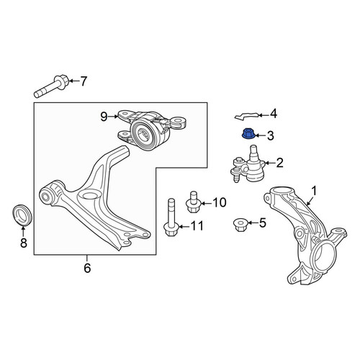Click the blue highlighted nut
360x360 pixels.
click(248, 134)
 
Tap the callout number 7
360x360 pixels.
click(83, 81)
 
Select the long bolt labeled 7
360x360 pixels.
click(52, 86)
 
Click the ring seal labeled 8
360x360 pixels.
click(22, 215)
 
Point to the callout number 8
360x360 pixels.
click(24, 243)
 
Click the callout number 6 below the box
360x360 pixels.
click(87, 268)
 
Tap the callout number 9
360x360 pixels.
click(104, 117)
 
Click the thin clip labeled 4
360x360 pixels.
click(247, 116)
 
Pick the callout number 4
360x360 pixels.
click(274, 114)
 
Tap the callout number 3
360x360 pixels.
click(271, 136)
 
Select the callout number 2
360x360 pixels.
click(280, 163)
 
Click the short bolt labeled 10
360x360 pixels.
click(193, 202)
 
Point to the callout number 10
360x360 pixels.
click(220, 202)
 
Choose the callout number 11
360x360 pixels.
click(197, 226)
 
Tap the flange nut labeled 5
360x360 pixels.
click(240, 225)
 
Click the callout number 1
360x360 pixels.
click(314, 192)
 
